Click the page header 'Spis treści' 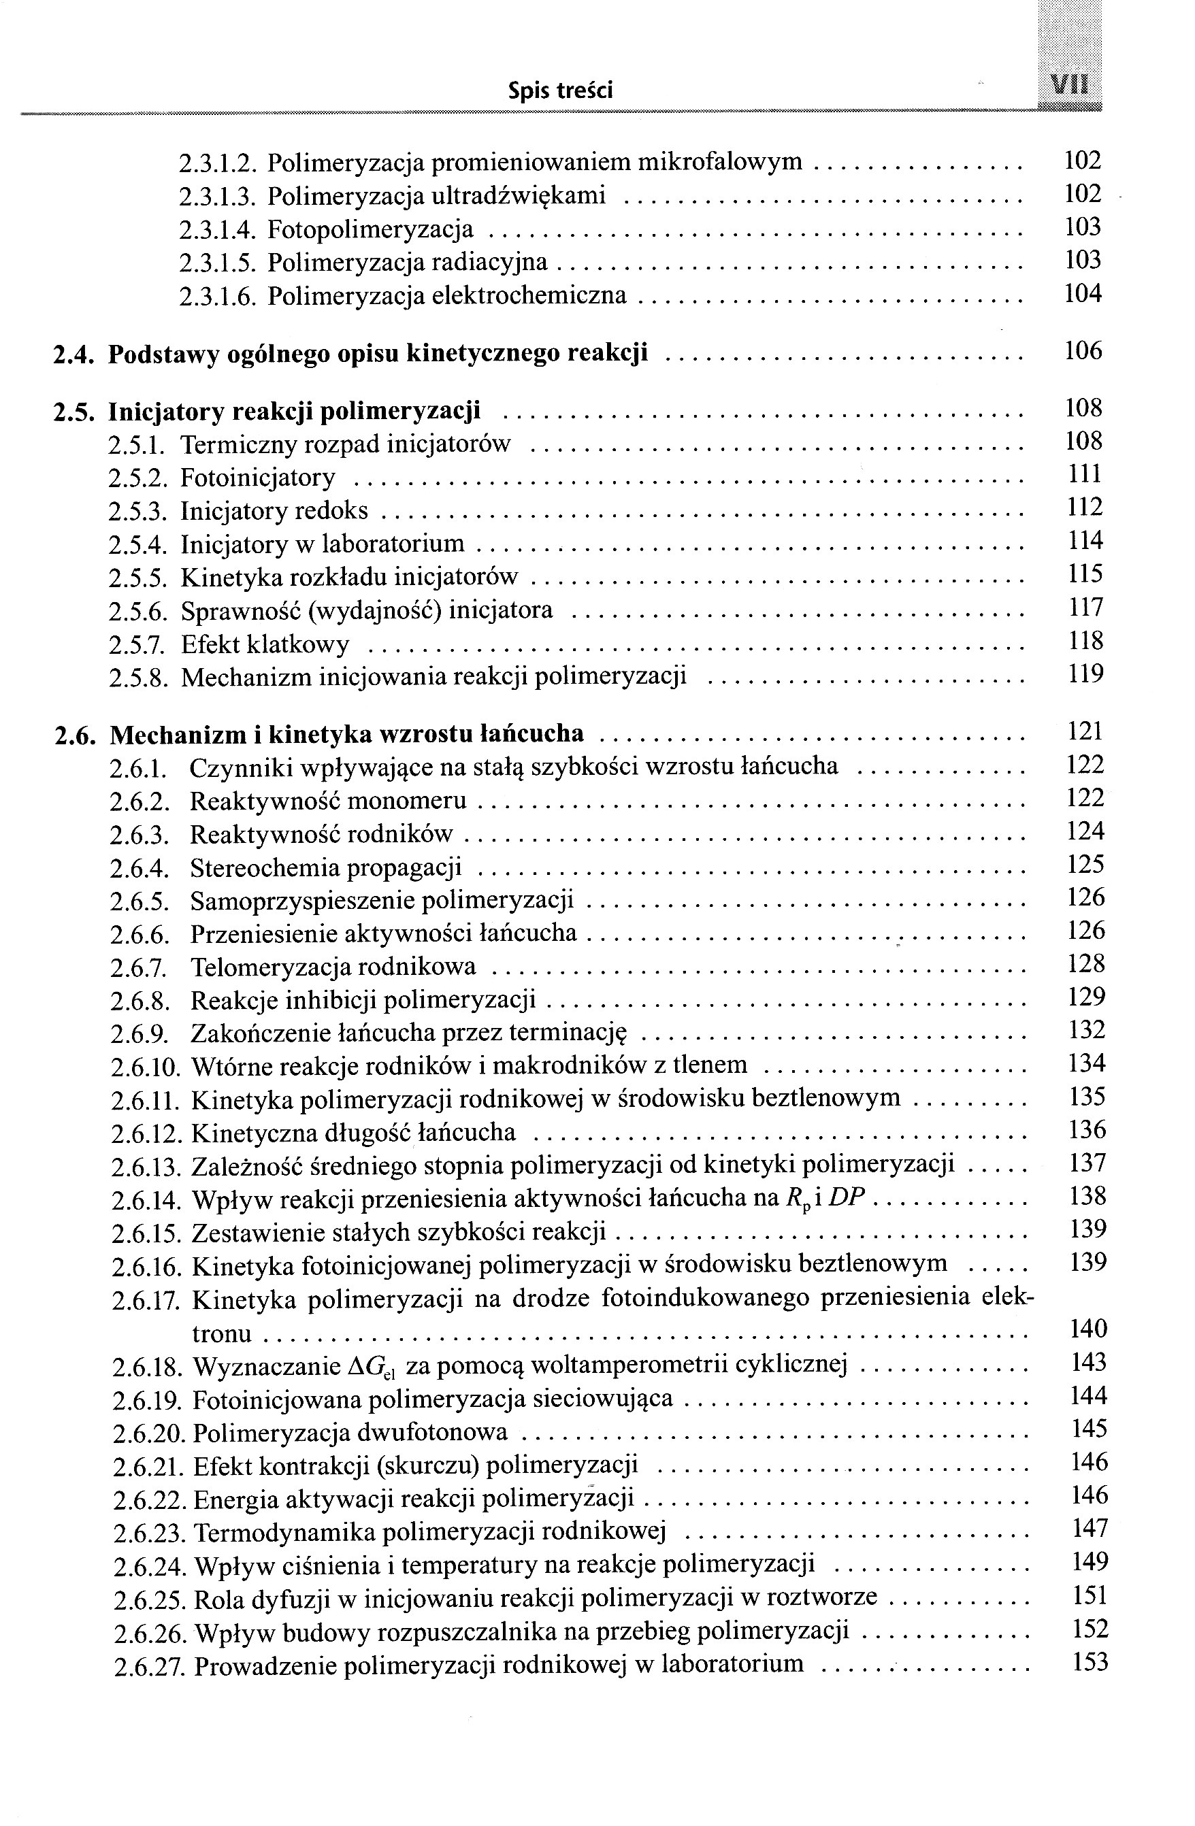pyautogui.click(x=560, y=91)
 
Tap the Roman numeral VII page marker pyautogui.click(x=1071, y=85)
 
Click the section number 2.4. pyautogui.click(x=73, y=354)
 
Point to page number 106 pyautogui.click(x=1083, y=352)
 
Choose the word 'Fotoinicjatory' pyautogui.click(x=258, y=478)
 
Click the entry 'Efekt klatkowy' pyautogui.click(x=265, y=644)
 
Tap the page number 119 pyautogui.click(x=1085, y=674)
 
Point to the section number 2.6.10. pyautogui.click(x=145, y=1067)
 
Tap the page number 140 pyautogui.click(x=1087, y=1329)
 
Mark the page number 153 pyautogui.click(x=1089, y=1663)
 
